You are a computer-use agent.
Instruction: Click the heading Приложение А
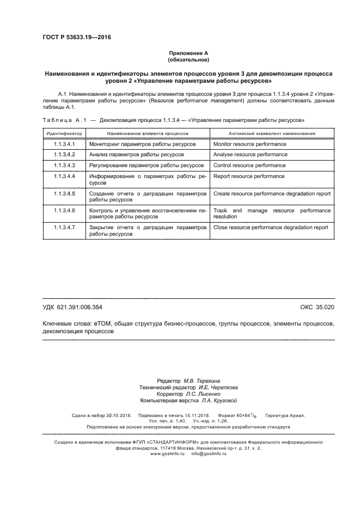188,53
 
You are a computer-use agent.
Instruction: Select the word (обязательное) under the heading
188,59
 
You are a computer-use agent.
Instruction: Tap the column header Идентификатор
64,133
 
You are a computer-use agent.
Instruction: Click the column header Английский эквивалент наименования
271,133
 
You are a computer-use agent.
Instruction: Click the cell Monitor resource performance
249,144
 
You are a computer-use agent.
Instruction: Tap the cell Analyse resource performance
249,155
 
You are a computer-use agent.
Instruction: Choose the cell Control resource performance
249,165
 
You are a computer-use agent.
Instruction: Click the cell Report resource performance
248,176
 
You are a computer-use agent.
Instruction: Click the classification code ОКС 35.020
317,308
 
